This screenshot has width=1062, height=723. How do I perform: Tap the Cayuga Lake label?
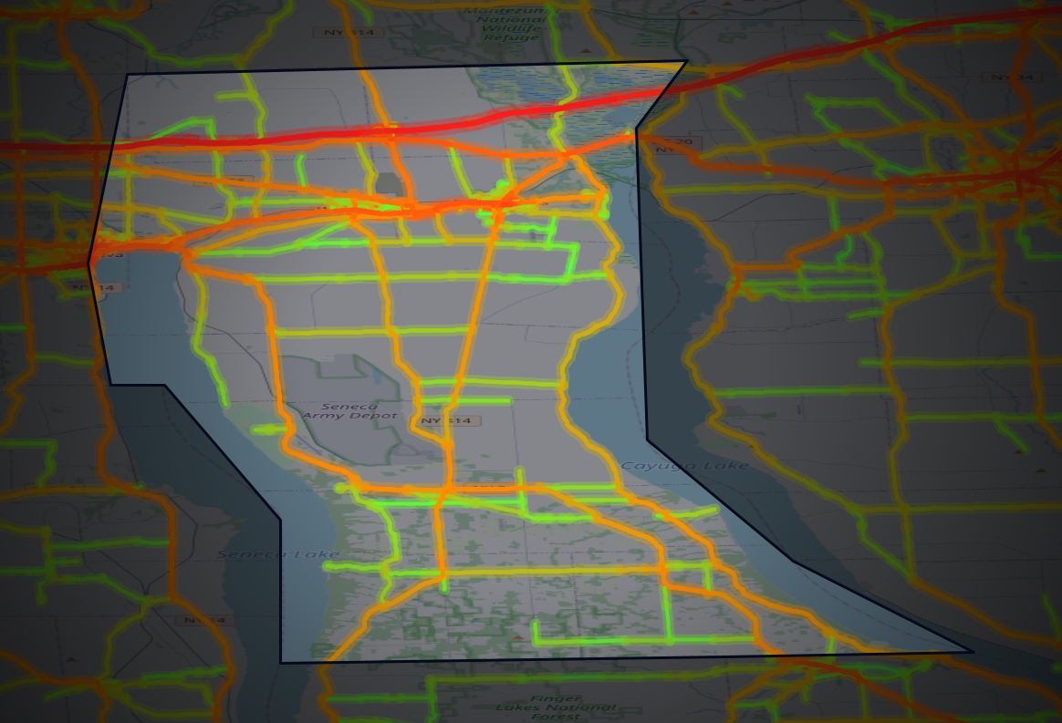(x=684, y=466)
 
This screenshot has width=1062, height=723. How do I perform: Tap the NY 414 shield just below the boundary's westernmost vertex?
(x=95, y=288)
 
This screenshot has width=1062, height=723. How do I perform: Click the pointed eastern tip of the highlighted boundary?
(x=972, y=652)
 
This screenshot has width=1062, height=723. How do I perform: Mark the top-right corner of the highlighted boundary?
(x=686, y=62)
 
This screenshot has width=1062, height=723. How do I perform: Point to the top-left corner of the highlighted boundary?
(x=127, y=75)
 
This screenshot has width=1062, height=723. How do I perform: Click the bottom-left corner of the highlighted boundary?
(x=280, y=663)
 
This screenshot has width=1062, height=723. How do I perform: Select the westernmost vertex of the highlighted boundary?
(x=88, y=264)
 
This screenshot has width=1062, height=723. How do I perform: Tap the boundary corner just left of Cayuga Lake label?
(x=647, y=441)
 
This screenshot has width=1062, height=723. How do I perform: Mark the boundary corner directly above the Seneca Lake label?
(x=280, y=521)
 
